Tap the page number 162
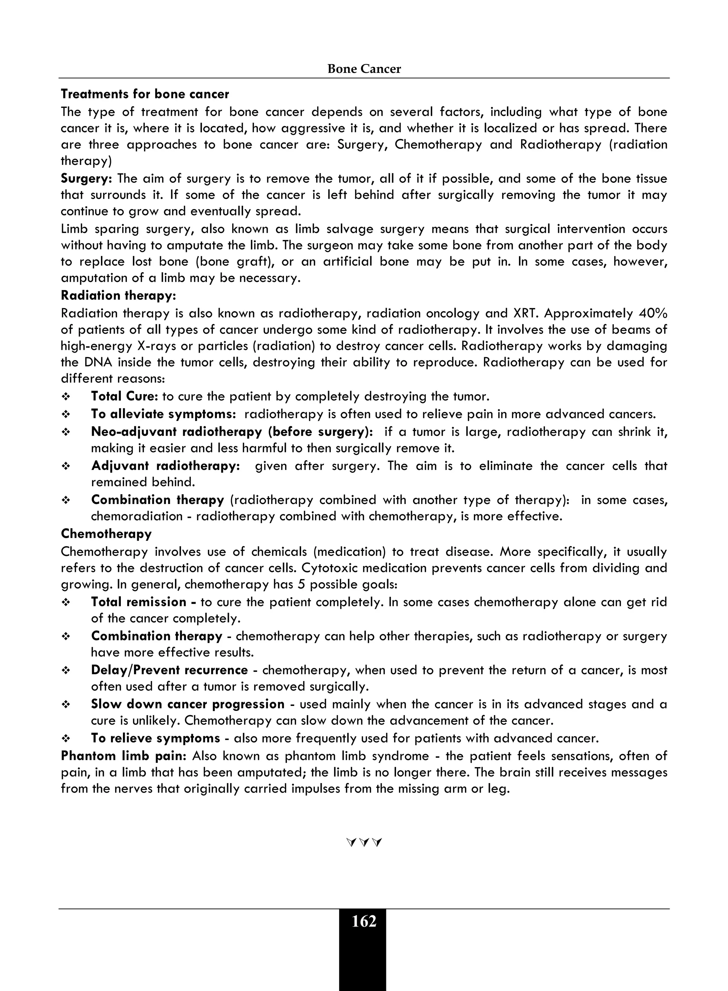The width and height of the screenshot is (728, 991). point(364,921)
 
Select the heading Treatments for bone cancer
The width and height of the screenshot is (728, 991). point(145,94)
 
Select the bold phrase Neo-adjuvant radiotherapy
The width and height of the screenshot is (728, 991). point(176,432)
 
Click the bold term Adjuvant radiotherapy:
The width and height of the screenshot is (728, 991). point(165,466)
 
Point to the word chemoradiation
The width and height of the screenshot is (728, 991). point(136,516)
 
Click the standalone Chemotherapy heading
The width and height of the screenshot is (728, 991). point(106,534)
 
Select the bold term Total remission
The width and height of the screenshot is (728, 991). point(139,602)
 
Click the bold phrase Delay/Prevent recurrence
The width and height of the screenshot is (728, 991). point(169,670)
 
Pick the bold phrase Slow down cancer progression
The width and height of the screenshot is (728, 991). point(188,704)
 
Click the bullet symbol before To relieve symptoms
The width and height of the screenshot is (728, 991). point(66,739)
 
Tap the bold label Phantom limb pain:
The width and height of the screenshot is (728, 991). point(124,756)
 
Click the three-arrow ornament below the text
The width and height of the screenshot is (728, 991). point(364,842)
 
